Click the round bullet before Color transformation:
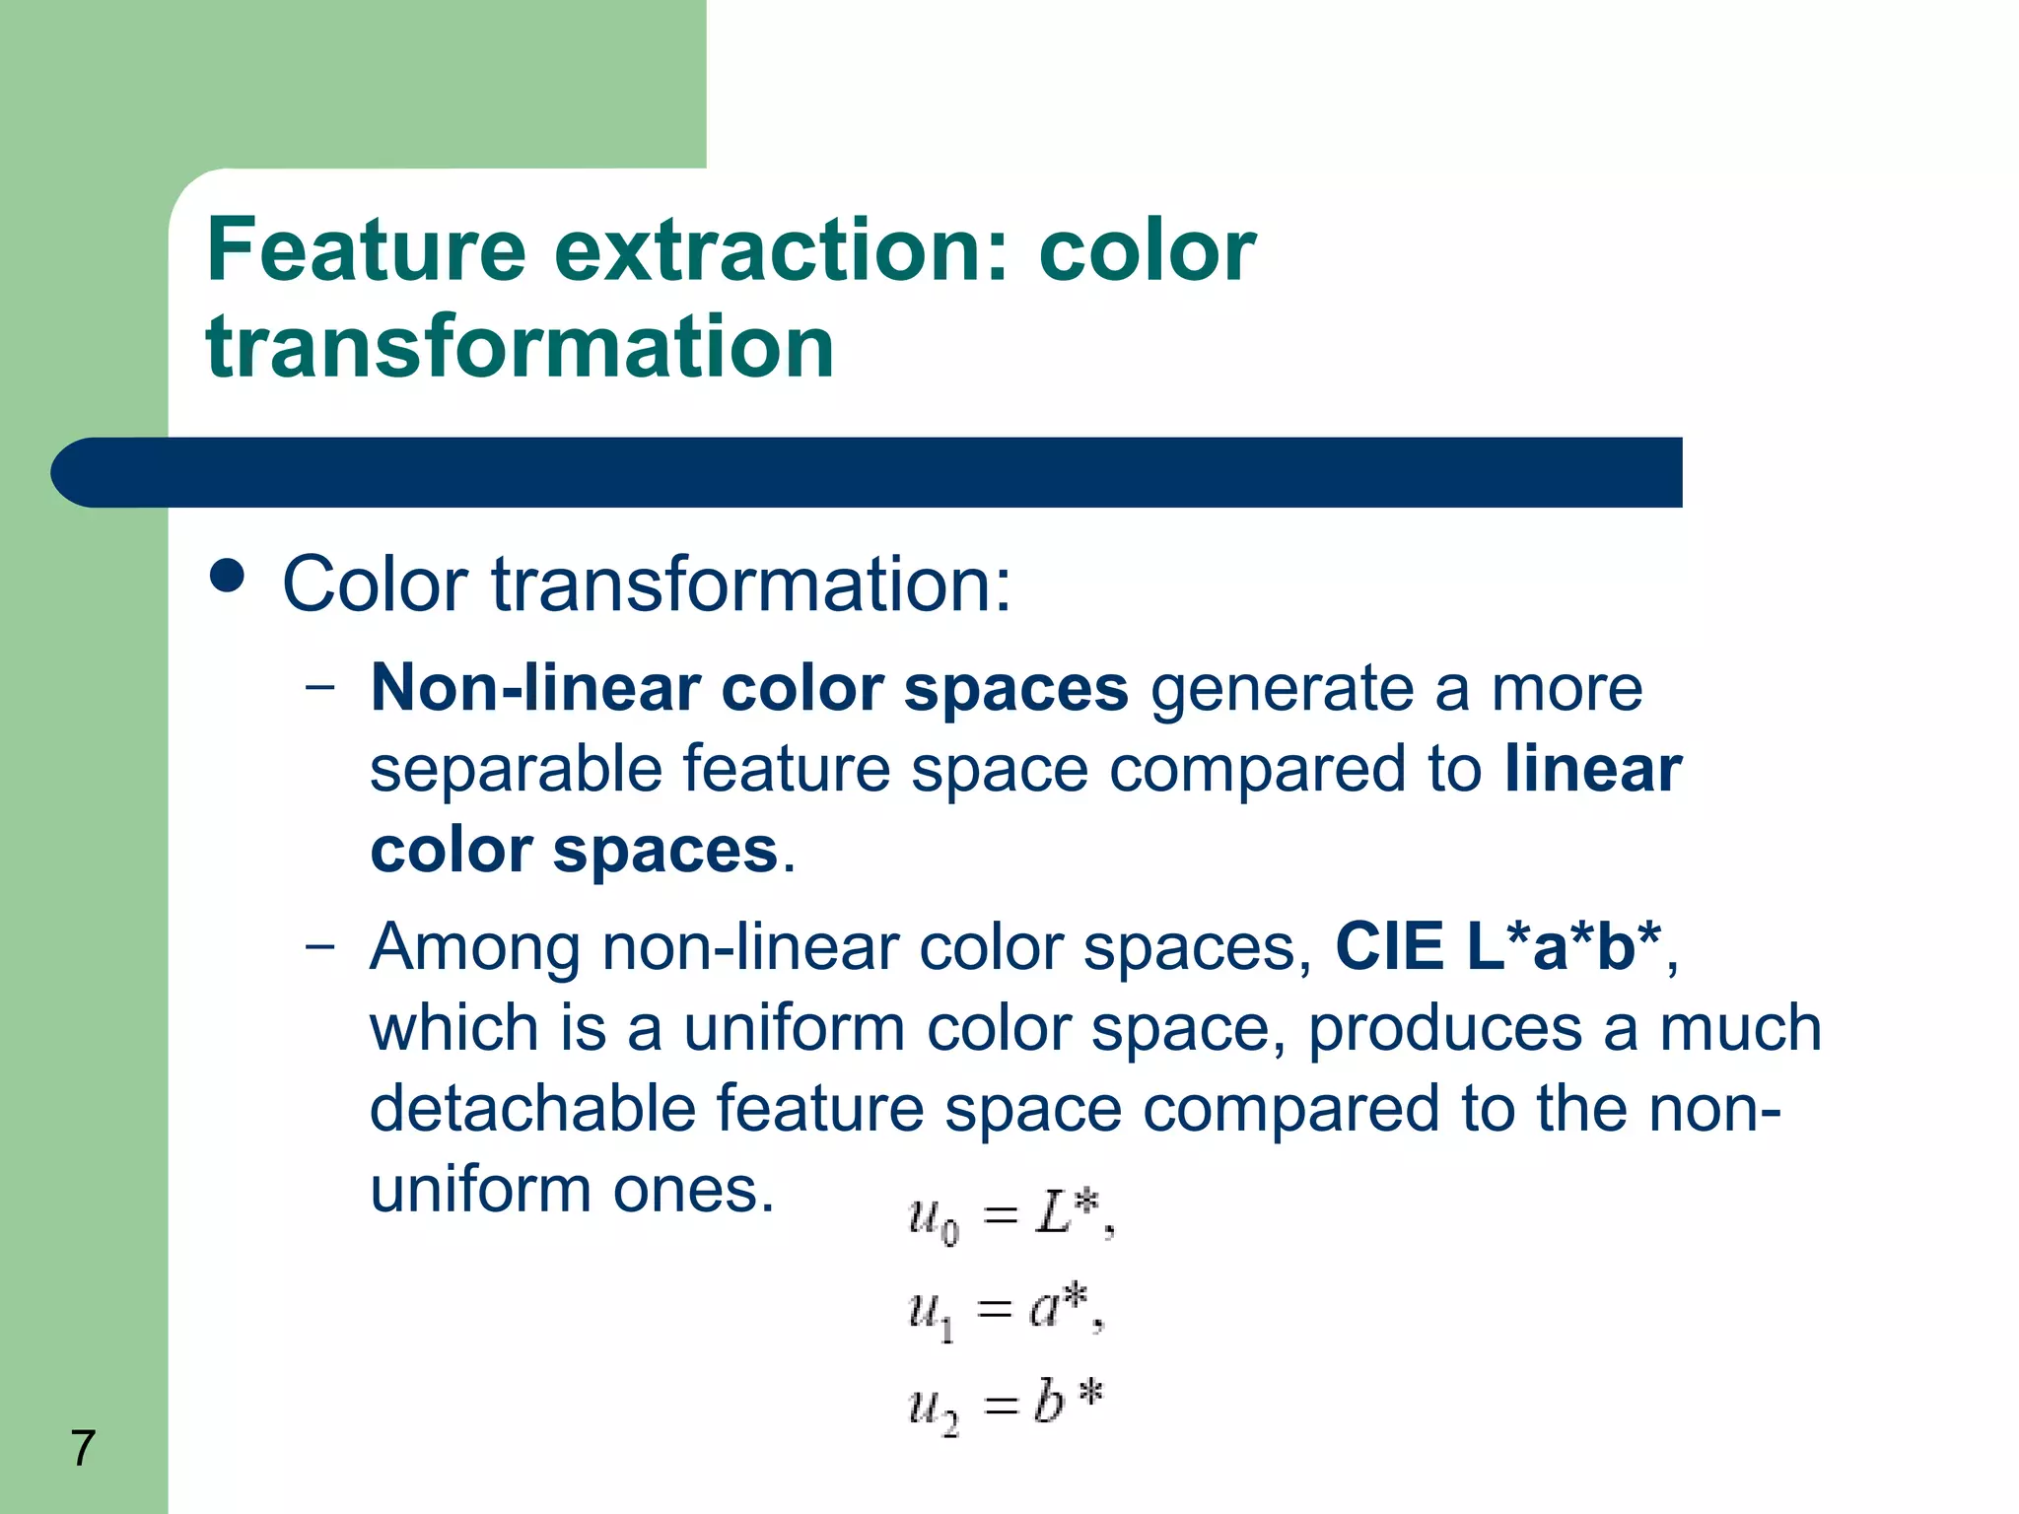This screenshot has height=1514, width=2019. [x=228, y=577]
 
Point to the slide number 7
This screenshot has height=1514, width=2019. [x=83, y=1448]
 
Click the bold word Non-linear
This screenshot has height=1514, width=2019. [x=533, y=688]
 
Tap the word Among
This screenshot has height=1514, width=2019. [x=475, y=947]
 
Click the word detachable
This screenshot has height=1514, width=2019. [x=532, y=1109]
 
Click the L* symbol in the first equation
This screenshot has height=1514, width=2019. [x=1068, y=1213]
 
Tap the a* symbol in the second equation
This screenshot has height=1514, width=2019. [x=1058, y=1307]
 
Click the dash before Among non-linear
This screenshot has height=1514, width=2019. [x=319, y=947]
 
